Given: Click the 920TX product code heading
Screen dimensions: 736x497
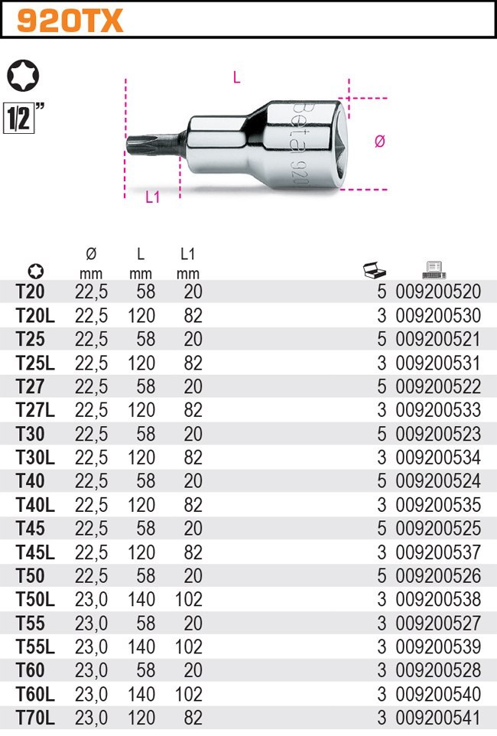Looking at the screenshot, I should tap(70, 21).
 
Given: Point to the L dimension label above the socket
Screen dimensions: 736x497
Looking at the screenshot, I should tap(236, 77).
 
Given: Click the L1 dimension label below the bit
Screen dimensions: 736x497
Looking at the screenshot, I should tap(153, 197).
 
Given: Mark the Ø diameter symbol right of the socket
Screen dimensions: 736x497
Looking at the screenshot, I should tap(379, 141).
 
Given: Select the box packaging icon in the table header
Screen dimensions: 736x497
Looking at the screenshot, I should tap(374, 270).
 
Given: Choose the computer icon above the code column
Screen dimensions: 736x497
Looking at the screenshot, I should tap(434, 269).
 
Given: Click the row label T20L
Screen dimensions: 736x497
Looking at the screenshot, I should tap(35, 315).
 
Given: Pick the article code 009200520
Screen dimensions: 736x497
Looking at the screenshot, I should tap(438, 291).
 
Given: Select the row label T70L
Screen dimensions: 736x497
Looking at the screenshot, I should tap(35, 718).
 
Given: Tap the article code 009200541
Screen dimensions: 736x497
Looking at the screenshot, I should tap(438, 718).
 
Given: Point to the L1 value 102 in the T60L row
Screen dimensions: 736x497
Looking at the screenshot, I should tap(187, 695).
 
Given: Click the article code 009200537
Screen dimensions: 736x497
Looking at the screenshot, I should tap(438, 552).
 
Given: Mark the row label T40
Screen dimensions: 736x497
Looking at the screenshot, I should tap(30, 481).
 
